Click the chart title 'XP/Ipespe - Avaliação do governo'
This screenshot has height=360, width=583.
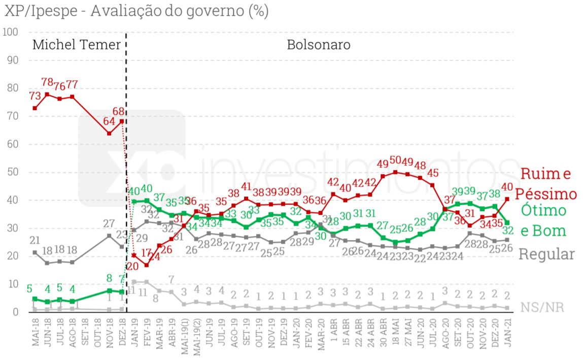136,11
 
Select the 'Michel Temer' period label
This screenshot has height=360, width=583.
77,45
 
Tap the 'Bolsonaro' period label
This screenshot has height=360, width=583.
319,45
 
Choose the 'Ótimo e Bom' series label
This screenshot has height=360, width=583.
543,220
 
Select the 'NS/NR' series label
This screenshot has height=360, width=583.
542,307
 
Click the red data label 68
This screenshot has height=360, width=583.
119,111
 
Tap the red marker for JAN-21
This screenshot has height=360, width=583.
507,199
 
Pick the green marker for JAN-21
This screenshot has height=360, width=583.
507,222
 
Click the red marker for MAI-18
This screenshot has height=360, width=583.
35,108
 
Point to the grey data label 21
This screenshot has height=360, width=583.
35,240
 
